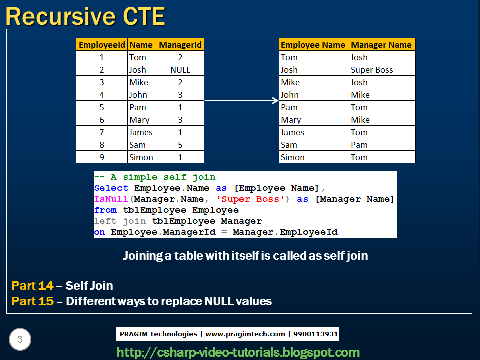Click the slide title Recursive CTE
pyautogui.click(x=85, y=16)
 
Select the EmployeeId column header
pyautogui.click(x=102, y=45)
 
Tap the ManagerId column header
pyautogui.click(x=180, y=45)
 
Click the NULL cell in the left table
pyautogui.click(x=180, y=70)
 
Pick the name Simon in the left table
pyautogui.click(x=141, y=157)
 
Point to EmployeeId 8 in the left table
pyautogui.click(x=102, y=145)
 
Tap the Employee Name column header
pyautogui.click(x=313, y=45)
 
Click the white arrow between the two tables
pyautogui.click(x=241, y=101)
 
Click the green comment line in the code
pyautogui.click(x=155, y=177)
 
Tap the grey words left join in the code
pyautogui.click(x=119, y=221)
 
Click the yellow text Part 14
pyautogui.click(x=32, y=286)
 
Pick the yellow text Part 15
pyautogui.click(x=32, y=301)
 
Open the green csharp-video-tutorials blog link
pyautogui.click(x=238, y=352)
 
